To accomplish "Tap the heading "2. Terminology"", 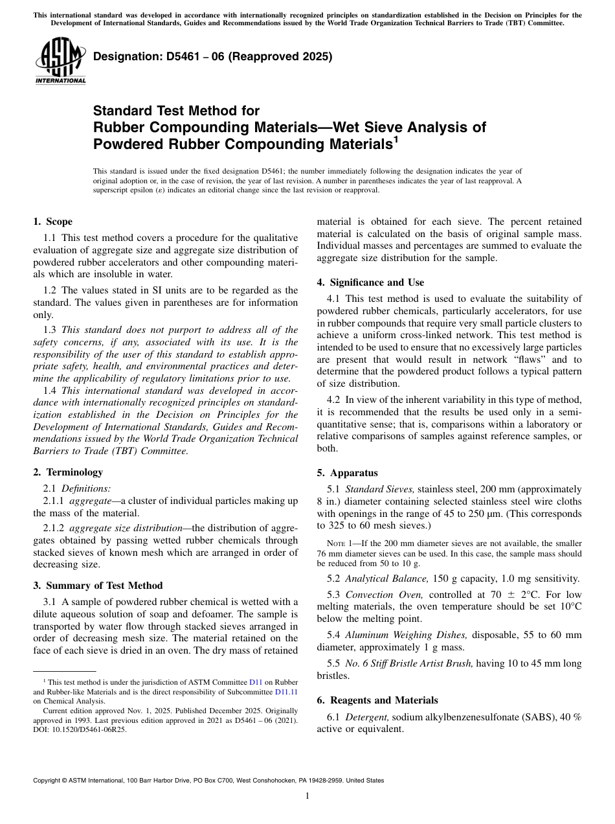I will point(68,472).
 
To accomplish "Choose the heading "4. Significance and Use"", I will point(370,282).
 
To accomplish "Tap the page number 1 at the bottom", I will point(307,796).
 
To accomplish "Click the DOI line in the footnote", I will point(80,729).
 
